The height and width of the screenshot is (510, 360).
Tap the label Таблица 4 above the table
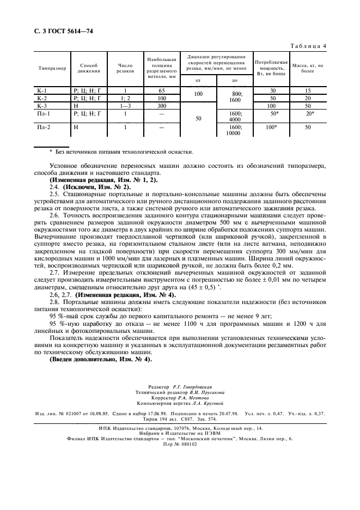point(307,46)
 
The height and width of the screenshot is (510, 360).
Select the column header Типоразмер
point(52,68)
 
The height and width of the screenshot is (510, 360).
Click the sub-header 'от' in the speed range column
point(198,80)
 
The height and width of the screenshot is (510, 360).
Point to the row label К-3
point(42,106)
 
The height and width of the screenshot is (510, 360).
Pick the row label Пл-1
point(44,114)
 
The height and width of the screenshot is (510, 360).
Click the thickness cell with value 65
point(161,90)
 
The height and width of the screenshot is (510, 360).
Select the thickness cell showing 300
point(161,106)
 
